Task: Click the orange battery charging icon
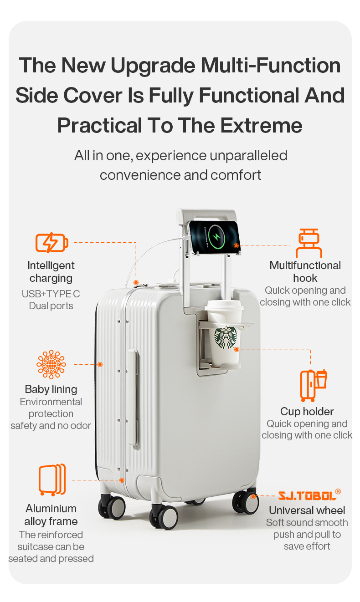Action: (x=52, y=242)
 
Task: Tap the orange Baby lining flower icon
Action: (x=51, y=364)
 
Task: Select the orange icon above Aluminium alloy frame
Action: (x=52, y=480)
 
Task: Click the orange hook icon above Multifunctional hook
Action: (x=309, y=243)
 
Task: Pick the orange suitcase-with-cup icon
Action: (x=314, y=385)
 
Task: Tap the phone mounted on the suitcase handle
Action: (x=214, y=237)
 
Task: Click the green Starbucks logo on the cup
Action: (x=226, y=338)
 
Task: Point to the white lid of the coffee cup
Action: (x=224, y=306)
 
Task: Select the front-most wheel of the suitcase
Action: (x=164, y=516)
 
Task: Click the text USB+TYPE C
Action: (x=51, y=294)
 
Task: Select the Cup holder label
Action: (x=307, y=412)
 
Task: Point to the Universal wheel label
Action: (x=307, y=510)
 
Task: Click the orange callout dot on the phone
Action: (x=236, y=245)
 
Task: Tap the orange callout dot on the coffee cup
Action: (x=237, y=349)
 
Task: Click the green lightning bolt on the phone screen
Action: (x=216, y=237)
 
